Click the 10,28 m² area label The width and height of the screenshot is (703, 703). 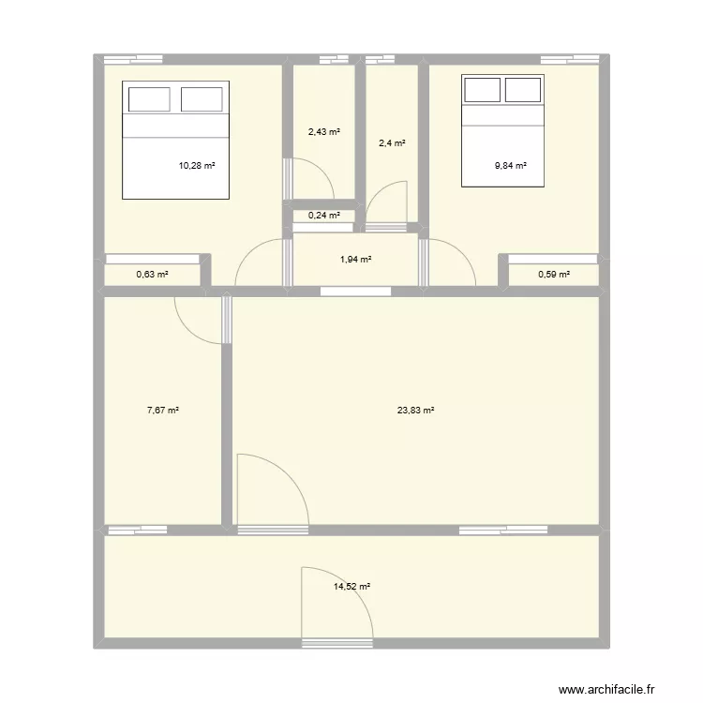pos(197,166)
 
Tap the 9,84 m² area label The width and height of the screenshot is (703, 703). pos(511,166)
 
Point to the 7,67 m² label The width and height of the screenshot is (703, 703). pos(163,410)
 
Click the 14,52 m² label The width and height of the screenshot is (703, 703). pos(351,587)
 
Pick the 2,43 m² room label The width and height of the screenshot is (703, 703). pos(324,132)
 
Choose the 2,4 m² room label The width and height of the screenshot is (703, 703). pos(392,143)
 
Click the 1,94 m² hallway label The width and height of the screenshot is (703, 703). pos(356,259)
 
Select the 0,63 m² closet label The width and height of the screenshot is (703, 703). pos(152,275)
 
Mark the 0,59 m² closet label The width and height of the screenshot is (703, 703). pos(553,275)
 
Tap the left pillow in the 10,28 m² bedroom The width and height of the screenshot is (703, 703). pos(148,99)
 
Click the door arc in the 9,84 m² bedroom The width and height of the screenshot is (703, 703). pos(452,262)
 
